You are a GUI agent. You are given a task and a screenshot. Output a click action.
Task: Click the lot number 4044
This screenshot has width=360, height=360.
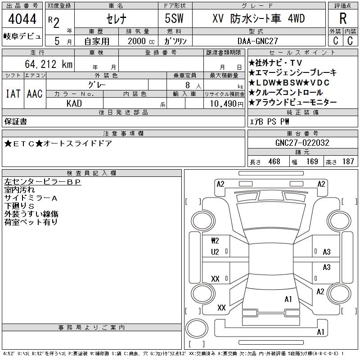click(22, 19)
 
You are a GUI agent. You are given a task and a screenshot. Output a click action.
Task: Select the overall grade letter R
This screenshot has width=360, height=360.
click(343, 18)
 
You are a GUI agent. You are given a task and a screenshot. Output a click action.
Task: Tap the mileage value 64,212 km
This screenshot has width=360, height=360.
click(49, 64)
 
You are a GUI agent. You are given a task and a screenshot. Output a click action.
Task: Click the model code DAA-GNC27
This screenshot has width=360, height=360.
click(257, 41)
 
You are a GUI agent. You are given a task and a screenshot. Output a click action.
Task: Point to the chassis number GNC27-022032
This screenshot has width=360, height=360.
click(302, 143)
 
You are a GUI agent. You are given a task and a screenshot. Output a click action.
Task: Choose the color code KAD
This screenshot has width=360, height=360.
click(74, 103)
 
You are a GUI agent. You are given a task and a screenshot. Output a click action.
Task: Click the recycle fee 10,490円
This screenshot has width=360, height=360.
click(227, 104)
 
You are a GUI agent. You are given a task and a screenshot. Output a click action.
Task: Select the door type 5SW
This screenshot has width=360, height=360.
click(174, 18)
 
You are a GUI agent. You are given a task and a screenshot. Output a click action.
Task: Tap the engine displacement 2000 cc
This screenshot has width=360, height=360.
click(141, 41)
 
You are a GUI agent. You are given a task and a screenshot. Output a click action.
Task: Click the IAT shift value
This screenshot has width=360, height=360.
click(13, 94)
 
